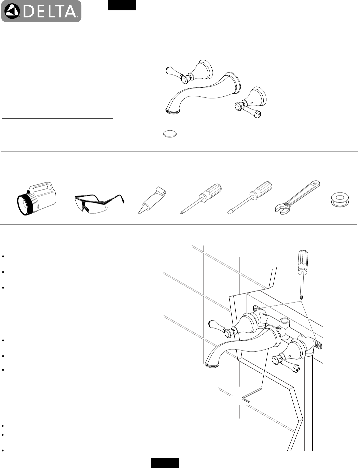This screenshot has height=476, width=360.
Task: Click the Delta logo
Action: pos(41,11)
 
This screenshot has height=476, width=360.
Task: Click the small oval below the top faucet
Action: pos(170,134)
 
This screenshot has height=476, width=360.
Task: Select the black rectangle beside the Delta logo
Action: pos(122,6)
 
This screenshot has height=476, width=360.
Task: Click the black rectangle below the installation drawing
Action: pos(165,463)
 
